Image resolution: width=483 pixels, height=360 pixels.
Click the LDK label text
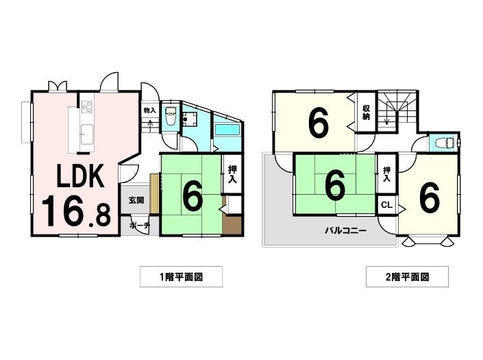pos(80,176)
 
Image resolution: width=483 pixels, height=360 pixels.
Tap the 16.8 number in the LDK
pos(76,212)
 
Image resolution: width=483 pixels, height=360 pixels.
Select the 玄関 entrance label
pos(136,200)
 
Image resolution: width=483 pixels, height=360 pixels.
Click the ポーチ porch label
pos(140,226)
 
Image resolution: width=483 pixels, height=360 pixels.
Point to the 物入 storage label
pos(150,110)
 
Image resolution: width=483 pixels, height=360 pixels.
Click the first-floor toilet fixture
pos(170,116)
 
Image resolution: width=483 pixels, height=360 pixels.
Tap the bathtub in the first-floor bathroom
pos(227,130)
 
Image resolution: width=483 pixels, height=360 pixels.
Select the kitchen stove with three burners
pos(87,107)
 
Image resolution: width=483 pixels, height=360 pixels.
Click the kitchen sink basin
pos(87,134)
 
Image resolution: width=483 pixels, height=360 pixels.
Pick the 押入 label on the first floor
pos(232,175)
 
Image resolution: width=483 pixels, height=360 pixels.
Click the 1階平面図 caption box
pos(181,277)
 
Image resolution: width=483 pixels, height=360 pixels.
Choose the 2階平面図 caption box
pos(407,277)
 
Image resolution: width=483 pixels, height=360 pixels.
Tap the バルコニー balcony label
pos(345,230)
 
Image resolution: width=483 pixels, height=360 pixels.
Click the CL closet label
pos(386,205)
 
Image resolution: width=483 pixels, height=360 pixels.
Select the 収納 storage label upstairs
pos(366,112)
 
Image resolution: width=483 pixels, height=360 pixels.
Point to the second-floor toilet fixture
pos(445,143)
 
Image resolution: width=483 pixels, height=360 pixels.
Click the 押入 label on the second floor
pos(386,173)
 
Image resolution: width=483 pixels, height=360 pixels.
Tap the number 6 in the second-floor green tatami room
pos(335,186)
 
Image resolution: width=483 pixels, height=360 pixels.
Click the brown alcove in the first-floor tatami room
pos(232,226)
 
